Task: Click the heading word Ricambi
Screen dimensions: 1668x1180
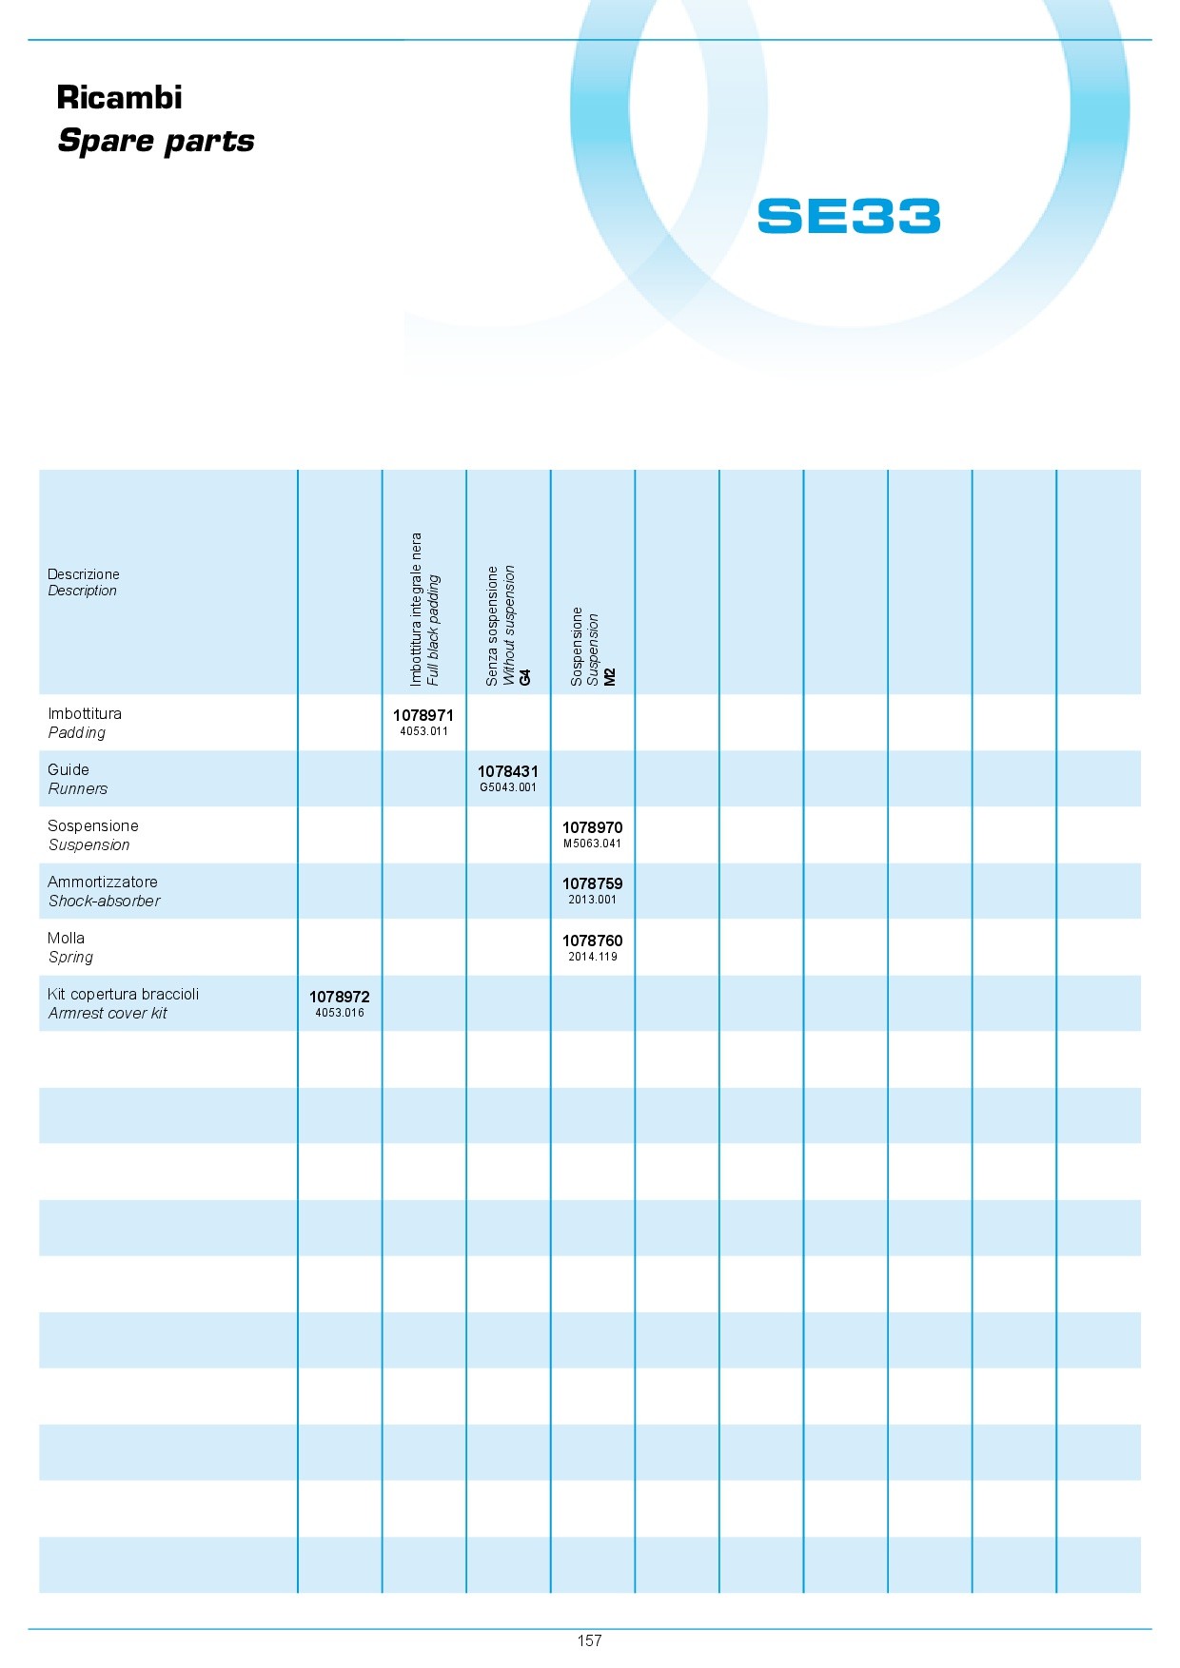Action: pyautogui.click(x=119, y=98)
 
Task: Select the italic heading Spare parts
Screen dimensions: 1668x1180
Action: pyautogui.click(x=156, y=142)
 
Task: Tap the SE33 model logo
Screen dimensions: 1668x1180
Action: pyautogui.click(x=849, y=216)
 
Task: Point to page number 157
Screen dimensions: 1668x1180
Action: pyautogui.click(x=589, y=1640)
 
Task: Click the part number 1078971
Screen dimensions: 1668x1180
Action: pyautogui.click(x=423, y=715)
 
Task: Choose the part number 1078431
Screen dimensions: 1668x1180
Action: pyautogui.click(x=508, y=771)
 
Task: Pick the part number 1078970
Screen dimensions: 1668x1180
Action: pyautogui.click(x=592, y=827)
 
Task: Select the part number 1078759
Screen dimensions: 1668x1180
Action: pyautogui.click(x=592, y=883)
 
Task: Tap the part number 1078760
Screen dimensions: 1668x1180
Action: pyautogui.click(x=592, y=941)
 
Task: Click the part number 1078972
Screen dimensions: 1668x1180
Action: pyautogui.click(x=340, y=997)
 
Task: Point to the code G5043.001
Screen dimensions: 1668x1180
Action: pyautogui.click(x=508, y=787)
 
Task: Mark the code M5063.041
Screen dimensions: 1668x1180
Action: pyautogui.click(x=592, y=844)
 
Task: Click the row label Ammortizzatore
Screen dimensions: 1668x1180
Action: pyautogui.click(x=103, y=882)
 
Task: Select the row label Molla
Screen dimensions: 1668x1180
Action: pyautogui.click(x=66, y=938)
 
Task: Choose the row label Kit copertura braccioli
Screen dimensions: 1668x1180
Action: pyautogui.click(x=124, y=994)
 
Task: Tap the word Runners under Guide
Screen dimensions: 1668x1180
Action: pyautogui.click(x=78, y=789)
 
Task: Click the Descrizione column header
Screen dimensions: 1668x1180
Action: pyautogui.click(x=84, y=574)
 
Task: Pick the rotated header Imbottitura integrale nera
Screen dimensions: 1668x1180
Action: pyautogui.click(x=416, y=610)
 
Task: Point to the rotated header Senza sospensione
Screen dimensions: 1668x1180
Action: pyautogui.click(x=492, y=627)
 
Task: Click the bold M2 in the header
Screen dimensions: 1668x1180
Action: pyautogui.click(x=610, y=676)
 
